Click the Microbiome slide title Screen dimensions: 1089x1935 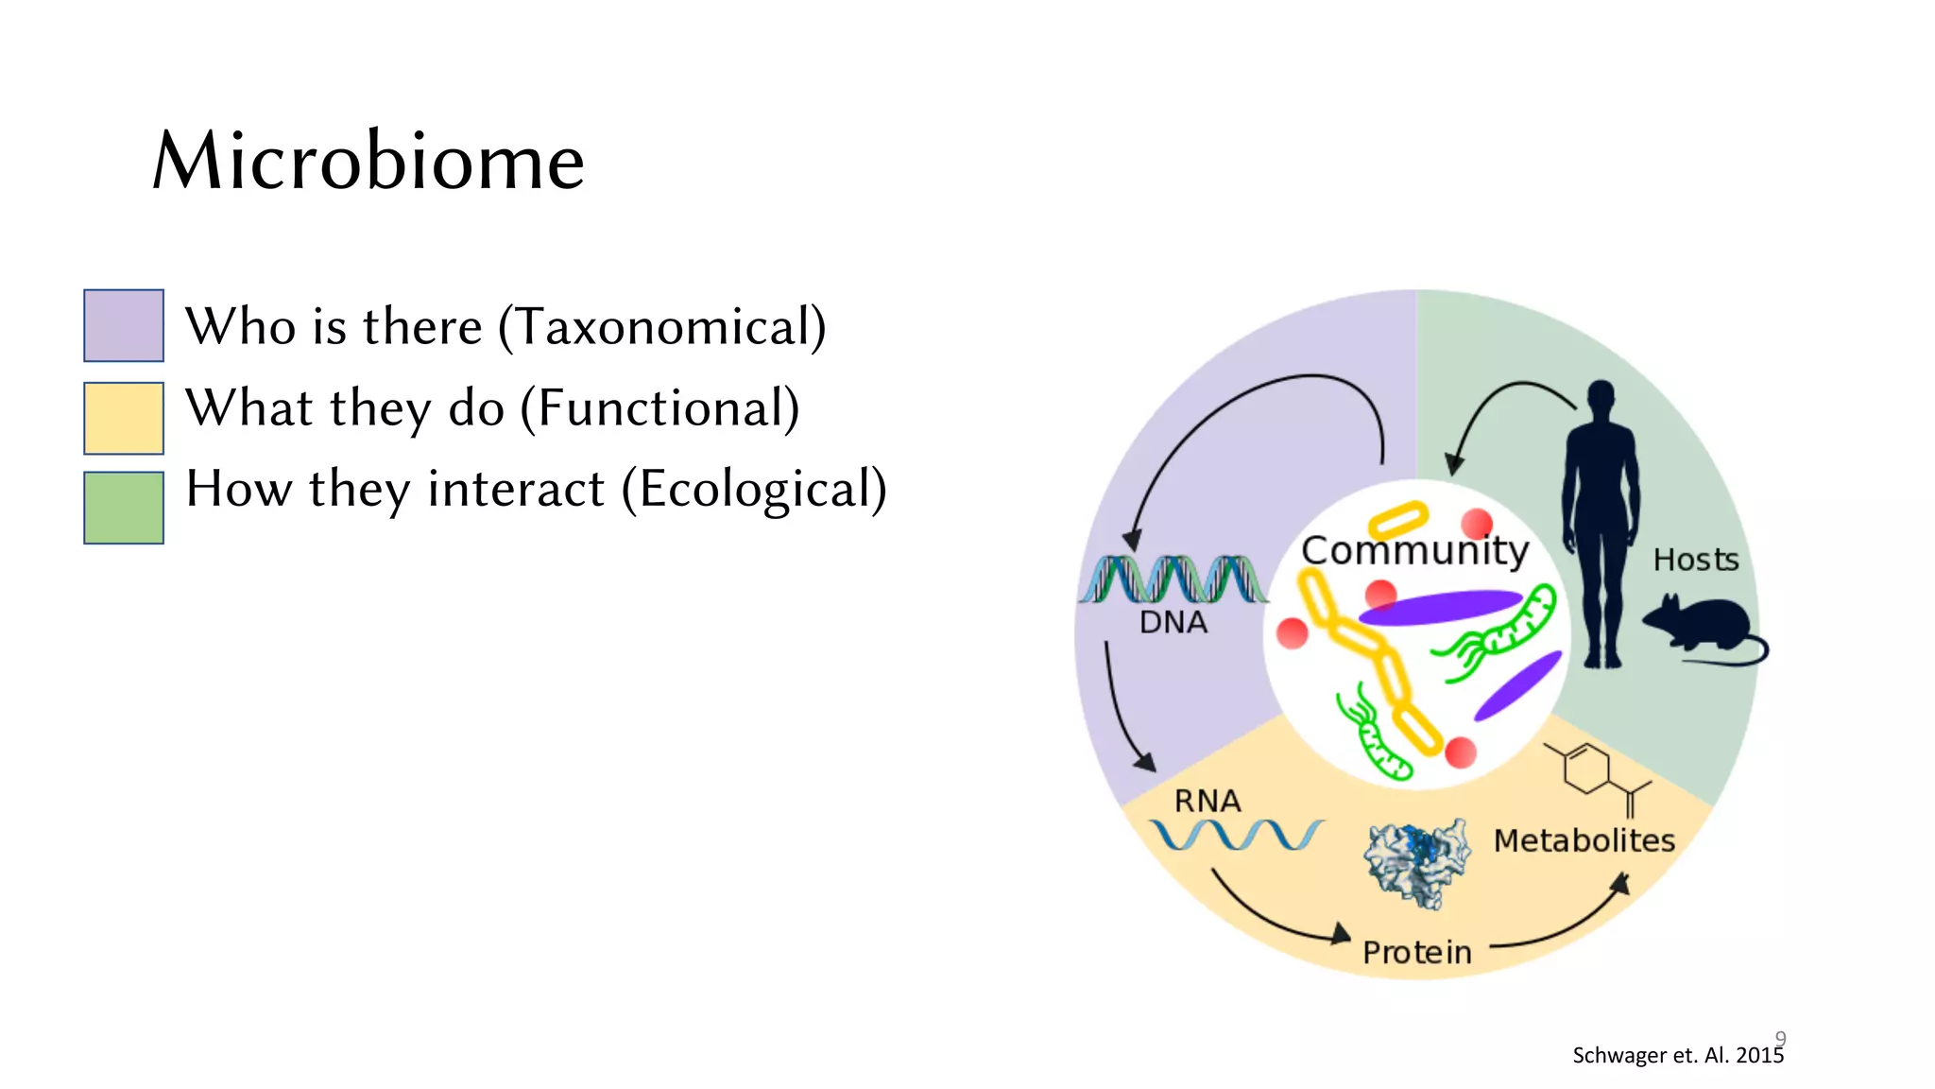coord(368,161)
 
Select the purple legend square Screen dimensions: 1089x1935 coord(124,325)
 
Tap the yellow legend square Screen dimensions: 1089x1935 coord(124,418)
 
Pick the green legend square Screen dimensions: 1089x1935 coord(124,508)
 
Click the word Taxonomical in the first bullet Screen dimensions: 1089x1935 coord(661,327)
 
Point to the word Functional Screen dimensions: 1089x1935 coord(660,408)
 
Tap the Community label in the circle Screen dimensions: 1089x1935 coord(1414,550)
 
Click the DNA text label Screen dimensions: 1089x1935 coord(1173,623)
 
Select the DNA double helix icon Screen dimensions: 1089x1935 coord(1173,579)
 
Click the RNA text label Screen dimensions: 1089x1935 coord(1207,802)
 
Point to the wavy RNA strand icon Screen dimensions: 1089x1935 coord(1236,835)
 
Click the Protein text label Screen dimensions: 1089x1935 coord(1417,953)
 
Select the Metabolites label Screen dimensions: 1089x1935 coord(1584,840)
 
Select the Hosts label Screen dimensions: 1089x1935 coord(1696,560)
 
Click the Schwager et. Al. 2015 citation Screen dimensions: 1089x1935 coord(1677,1056)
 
